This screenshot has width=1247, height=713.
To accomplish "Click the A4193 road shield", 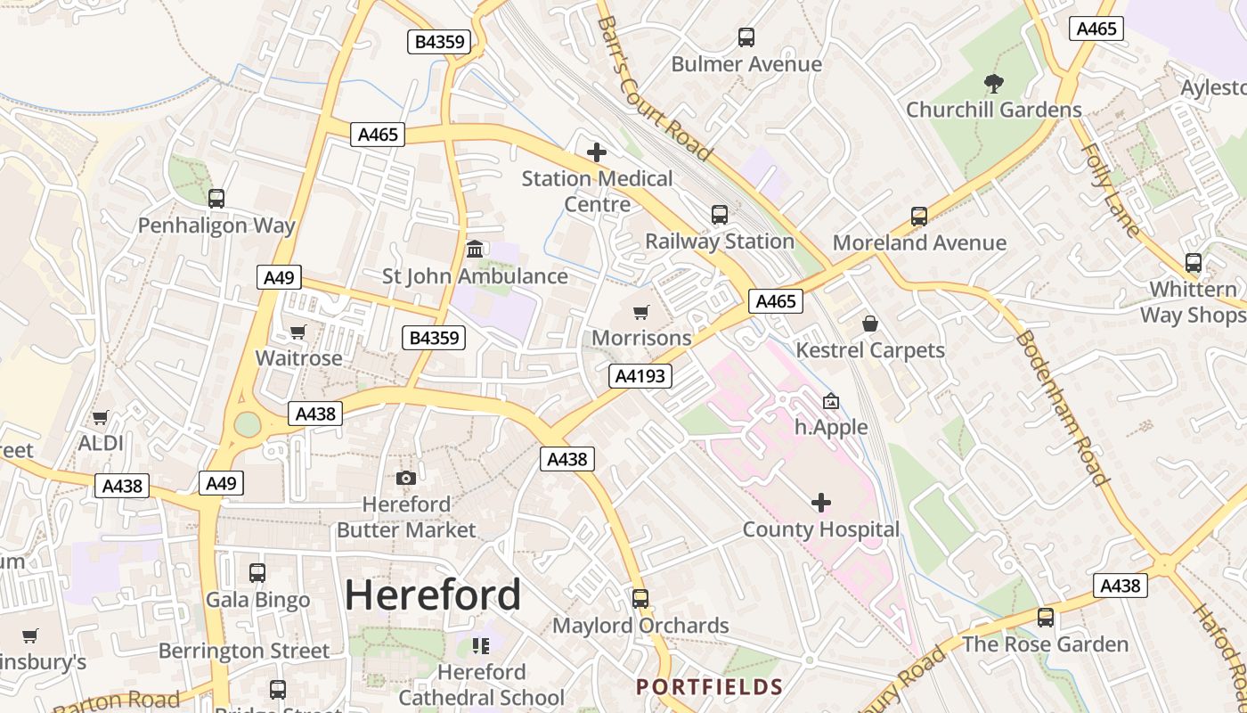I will tap(640, 376).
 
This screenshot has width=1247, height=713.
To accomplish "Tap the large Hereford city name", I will tap(433, 594).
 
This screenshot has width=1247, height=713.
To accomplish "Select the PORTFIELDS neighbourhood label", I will tap(709, 686).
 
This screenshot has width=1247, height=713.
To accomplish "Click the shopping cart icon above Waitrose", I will tap(297, 332).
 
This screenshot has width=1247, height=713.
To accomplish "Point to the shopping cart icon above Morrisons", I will tap(640, 312).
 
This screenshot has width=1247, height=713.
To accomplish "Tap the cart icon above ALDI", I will tap(101, 417).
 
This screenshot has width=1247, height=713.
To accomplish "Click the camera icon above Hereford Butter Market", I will tap(405, 479).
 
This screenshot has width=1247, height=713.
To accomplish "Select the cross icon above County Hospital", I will tap(820, 503).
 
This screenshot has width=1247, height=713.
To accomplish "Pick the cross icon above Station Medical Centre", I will tap(597, 152).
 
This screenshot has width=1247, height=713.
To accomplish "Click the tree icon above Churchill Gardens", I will tap(994, 84).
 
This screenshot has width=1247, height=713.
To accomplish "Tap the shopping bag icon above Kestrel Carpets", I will tap(870, 324).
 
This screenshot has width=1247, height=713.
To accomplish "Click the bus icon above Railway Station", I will tap(719, 215).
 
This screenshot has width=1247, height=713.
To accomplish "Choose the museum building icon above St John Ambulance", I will tap(475, 249).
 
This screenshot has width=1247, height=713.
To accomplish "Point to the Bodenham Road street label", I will tap(1062, 408).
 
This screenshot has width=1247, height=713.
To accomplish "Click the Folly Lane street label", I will tap(1110, 190).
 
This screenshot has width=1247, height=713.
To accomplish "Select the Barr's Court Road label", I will tap(654, 88).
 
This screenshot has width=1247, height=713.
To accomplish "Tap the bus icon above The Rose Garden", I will tap(1045, 617).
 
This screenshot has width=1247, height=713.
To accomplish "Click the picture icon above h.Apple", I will tap(830, 401).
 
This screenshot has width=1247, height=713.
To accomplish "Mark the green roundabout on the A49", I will tap(247, 424).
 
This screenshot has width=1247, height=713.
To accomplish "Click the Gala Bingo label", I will tap(257, 600).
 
